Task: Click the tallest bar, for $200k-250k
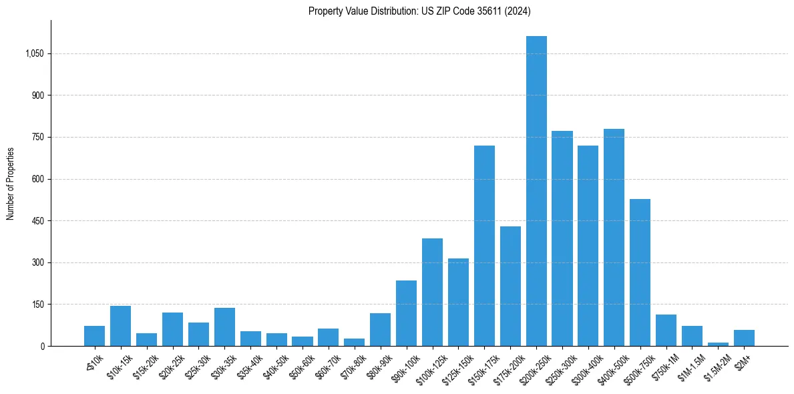click(x=536, y=191)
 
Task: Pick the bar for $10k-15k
click(x=120, y=326)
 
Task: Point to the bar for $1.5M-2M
click(x=718, y=344)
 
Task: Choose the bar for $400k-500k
click(x=614, y=237)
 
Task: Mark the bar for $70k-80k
click(x=354, y=342)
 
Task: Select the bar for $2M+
click(x=744, y=338)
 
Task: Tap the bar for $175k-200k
click(x=510, y=286)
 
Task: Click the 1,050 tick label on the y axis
click(x=34, y=54)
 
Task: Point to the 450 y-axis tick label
click(x=37, y=221)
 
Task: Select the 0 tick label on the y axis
click(x=41, y=347)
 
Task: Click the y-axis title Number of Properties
click(x=11, y=184)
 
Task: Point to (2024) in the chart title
click(x=519, y=11)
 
